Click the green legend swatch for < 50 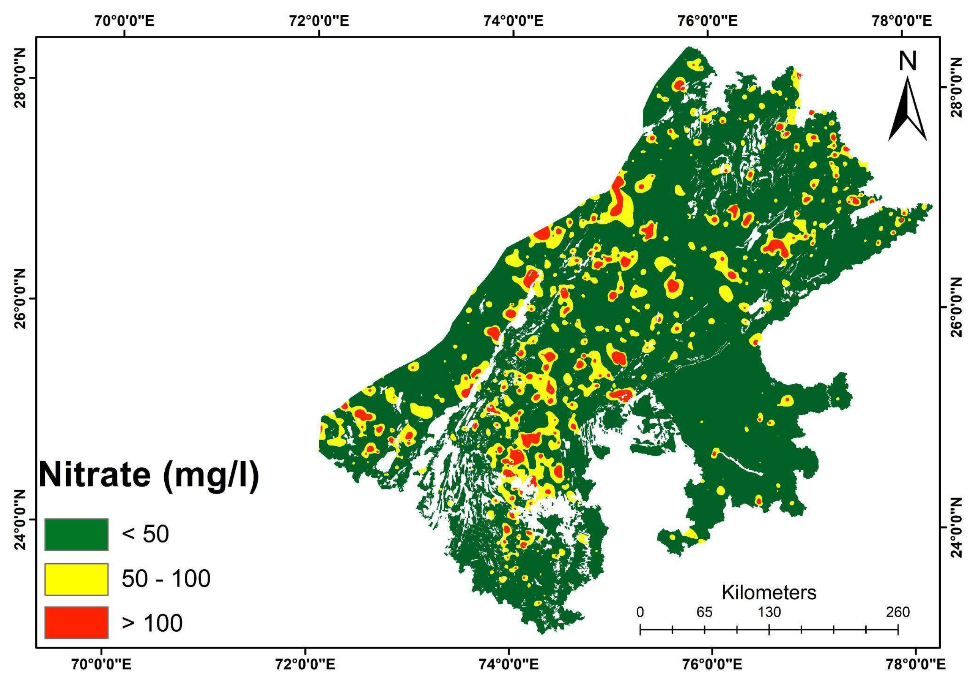(x=76, y=534)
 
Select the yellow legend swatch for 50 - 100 (x=76, y=579)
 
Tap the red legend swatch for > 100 (x=76, y=623)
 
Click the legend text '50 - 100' (x=166, y=578)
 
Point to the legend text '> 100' (x=152, y=623)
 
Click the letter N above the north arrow (x=907, y=62)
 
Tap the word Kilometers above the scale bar (x=769, y=593)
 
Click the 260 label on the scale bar (x=897, y=612)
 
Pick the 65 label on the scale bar (x=704, y=612)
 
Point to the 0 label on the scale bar (x=640, y=612)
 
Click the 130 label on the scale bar (x=769, y=612)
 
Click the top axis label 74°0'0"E (x=513, y=21)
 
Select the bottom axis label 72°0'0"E (x=304, y=664)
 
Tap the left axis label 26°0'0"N (x=20, y=299)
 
